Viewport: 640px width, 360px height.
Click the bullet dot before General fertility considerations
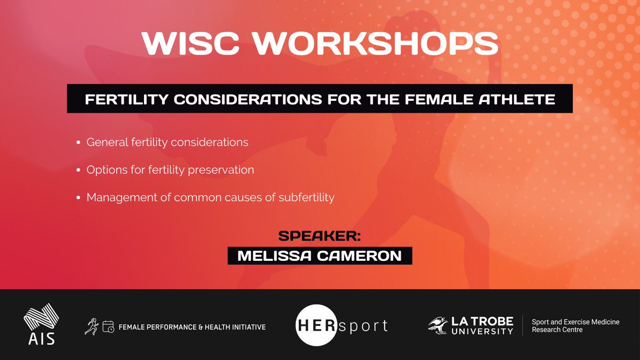click(x=79, y=143)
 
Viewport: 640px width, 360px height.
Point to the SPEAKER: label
click(x=320, y=237)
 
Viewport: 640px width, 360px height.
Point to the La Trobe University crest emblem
click(x=441, y=325)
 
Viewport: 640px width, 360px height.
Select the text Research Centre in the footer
click(x=557, y=330)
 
